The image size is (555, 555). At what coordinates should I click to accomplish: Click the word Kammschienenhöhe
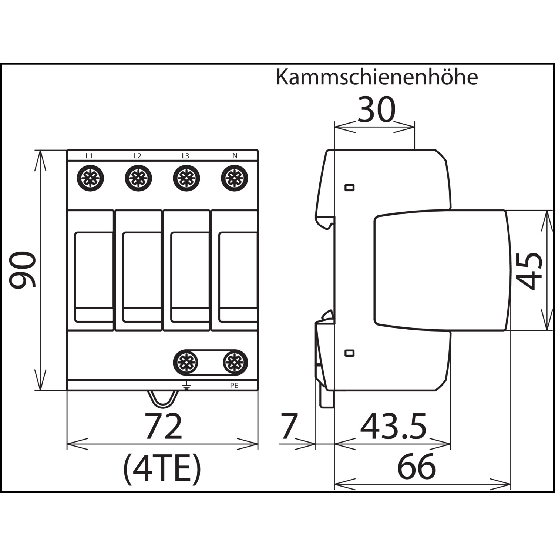(377, 77)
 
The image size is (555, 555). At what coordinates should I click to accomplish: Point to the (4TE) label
(162, 469)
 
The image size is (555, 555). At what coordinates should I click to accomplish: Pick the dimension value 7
(289, 426)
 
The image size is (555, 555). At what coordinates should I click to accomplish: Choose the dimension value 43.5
(393, 426)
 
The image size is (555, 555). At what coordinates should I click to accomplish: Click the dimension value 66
(417, 467)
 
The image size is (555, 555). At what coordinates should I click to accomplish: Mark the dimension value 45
(529, 270)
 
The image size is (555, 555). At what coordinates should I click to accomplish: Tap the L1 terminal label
(89, 156)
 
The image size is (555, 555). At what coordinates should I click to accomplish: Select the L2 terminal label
(137, 156)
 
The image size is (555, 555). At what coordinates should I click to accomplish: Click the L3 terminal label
(185, 156)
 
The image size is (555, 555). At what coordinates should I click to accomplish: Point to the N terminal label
(235, 156)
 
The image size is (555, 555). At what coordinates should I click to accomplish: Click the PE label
(234, 386)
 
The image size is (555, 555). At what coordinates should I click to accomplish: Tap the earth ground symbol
(186, 386)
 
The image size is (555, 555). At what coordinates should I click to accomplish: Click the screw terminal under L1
(90, 178)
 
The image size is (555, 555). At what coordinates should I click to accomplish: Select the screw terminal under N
(235, 178)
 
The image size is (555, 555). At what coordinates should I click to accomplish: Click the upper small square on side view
(349, 188)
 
